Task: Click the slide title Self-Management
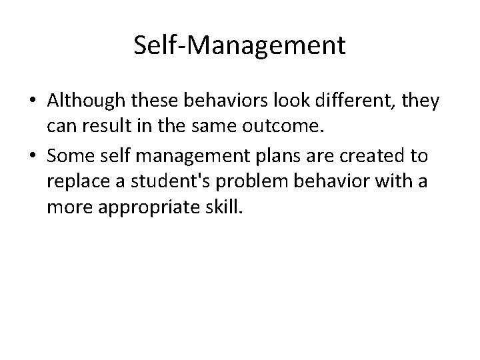pyautogui.click(x=239, y=45)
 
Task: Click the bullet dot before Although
pyautogui.click(x=32, y=101)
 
